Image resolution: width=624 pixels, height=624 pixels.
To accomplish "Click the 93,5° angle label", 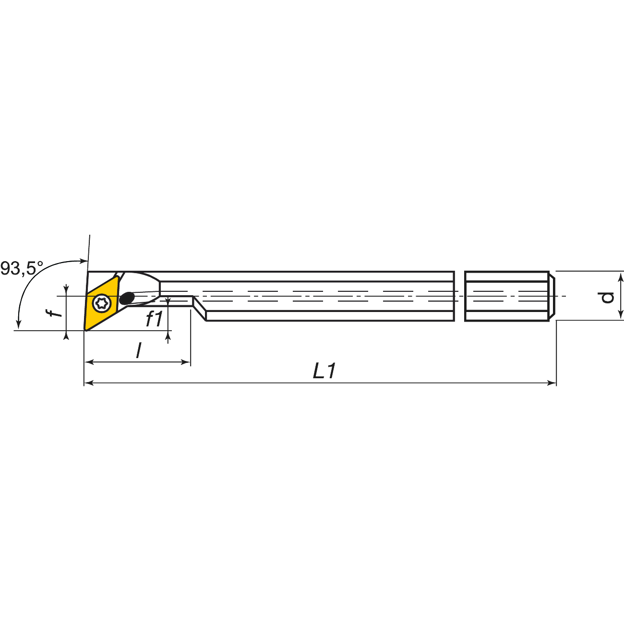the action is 22,268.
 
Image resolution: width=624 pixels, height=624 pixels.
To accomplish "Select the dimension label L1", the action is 324,371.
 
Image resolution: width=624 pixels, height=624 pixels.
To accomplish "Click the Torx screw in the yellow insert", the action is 102,303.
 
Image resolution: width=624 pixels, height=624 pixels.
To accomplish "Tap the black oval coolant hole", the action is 127,298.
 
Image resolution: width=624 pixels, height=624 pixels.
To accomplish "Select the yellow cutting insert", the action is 102,303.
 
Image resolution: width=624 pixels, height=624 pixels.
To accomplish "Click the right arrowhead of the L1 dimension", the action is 552,383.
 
